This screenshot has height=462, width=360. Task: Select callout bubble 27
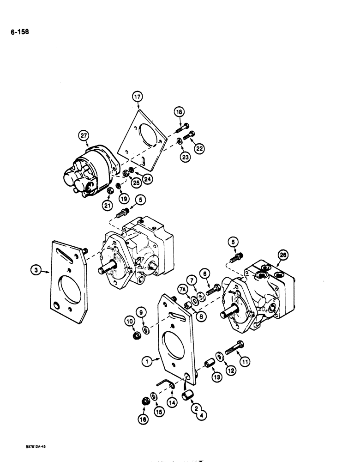(x=83, y=135)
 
